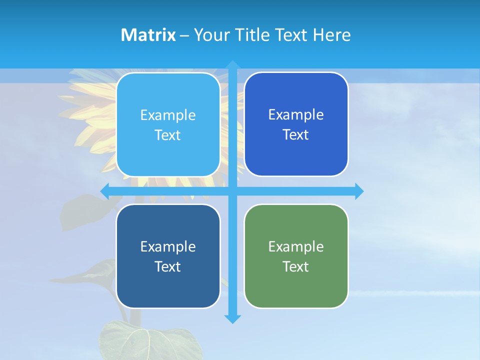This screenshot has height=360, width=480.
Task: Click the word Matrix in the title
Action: pos(148,35)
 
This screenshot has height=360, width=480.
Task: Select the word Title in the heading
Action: pos(253,35)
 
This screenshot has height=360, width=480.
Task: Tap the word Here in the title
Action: pos(331,35)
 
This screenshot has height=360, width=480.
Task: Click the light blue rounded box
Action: pos(168,124)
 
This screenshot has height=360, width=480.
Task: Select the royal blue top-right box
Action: pos(296,124)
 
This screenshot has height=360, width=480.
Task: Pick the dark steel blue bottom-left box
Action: pos(168,256)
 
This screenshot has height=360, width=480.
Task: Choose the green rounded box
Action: pos(296,256)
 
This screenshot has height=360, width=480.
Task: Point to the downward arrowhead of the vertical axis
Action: pos(232,318)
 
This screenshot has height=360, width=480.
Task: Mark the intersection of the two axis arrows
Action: pos(232,191)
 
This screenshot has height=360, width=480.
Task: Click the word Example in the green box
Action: pos(296,246)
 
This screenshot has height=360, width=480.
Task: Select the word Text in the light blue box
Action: pos(167,135)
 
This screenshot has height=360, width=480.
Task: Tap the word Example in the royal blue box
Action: pos(296,114)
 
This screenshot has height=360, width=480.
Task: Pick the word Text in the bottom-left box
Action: pos(167,266)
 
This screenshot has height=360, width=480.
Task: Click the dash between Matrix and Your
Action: pos(184,35)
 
